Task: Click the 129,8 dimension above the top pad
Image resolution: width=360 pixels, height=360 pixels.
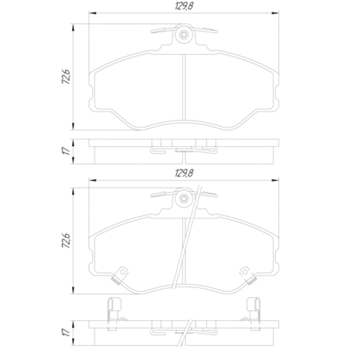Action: click(x=184, y=6)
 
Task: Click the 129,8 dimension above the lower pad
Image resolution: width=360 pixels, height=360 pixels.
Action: click(x=184, y=173)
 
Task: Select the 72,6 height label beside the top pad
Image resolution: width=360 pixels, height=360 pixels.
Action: click(x=66, y=76)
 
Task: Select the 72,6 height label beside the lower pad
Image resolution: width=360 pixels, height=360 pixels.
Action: click(x=66, y=240)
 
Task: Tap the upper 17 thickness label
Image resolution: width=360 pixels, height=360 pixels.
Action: click(x=66, y=151)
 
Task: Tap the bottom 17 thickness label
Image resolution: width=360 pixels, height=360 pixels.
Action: click(x=66, y=332)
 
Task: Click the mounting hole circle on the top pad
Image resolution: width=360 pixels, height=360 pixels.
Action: click(x=184, y=35)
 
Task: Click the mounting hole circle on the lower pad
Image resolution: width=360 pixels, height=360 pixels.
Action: click(x=184, y=199)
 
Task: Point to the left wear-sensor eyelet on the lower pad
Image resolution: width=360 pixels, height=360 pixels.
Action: click(x=123, y=272)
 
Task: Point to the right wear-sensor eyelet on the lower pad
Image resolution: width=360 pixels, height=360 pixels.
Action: click(x=245, y=272)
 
